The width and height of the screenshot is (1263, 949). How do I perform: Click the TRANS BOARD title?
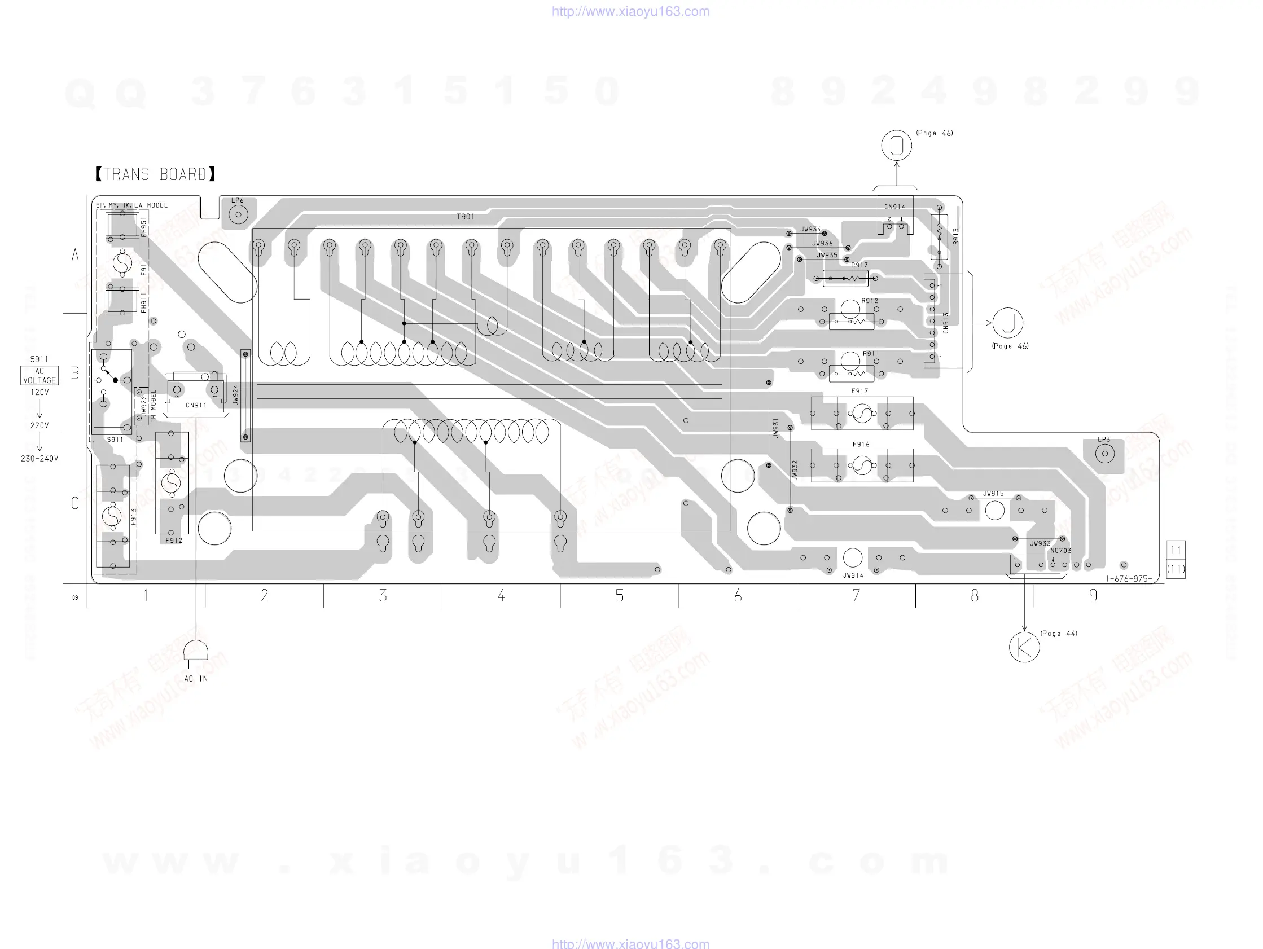pos(155,174)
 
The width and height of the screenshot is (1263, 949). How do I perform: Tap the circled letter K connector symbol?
pos(1024,647)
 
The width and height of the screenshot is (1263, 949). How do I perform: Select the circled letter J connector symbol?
pos(1008,323)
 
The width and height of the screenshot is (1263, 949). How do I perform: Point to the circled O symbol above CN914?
pos(896,145)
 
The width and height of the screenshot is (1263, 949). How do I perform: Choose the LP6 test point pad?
pos(238,215)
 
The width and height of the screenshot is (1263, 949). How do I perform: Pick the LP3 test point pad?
pos(1105,454)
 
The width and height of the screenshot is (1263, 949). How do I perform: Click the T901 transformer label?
pos(466,217)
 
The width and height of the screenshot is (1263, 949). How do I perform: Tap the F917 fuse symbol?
pos(862,414)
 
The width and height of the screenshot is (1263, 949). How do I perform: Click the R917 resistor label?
pos(859,265)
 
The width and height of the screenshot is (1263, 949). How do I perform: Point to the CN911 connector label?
pos(196,406)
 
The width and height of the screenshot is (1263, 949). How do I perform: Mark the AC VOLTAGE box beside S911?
pos(40,376)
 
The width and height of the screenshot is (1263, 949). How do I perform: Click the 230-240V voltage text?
pos(40,459)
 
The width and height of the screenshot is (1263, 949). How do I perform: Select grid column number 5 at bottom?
pos(620,596)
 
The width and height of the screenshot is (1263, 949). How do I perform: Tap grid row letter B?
pos(75,374)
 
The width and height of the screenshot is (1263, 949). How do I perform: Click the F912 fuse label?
pos(174,540)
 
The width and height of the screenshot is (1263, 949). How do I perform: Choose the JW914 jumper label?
pos(853,575)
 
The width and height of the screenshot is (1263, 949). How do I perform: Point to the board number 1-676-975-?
pos(1128,579)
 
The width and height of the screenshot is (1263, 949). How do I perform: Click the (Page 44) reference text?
pos(1059,633)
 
